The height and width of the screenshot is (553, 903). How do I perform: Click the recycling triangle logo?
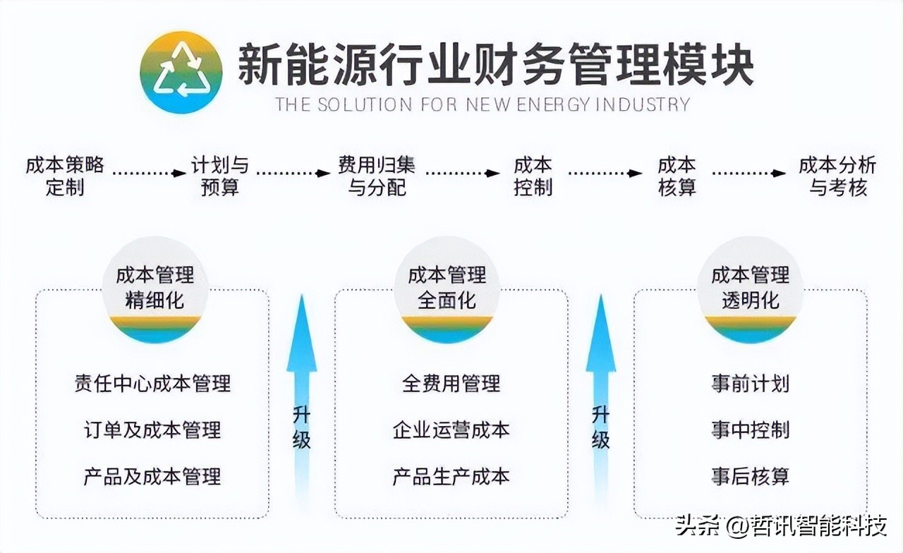coord(181,72)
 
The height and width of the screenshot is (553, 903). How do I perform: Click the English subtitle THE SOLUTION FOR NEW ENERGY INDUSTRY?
coord(483,105)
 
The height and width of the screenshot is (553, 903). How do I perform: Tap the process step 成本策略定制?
coord(65,176)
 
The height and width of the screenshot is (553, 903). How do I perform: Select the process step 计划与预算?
coord(220,176)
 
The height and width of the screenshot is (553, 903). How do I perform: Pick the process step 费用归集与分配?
coord(377,176)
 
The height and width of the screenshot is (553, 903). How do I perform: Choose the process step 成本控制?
coord(533,176)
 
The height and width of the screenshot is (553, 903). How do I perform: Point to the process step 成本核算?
coord(677,176)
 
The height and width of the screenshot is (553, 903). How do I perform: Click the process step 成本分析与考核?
coord(837,176)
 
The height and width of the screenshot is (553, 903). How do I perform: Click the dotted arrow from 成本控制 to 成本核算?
coord(605,173)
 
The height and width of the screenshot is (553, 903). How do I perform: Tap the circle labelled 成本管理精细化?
coord(155,289)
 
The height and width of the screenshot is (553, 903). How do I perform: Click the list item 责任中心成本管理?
coord(152,384)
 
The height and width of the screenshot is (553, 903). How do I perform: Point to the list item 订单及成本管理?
coord(152,430)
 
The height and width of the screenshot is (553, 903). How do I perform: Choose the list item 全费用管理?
coord(451,384)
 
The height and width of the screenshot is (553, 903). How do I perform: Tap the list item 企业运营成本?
coord(451,430)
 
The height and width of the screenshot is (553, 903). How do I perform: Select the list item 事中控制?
coord(750,430)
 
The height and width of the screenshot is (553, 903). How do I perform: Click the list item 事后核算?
coord(750,476)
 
